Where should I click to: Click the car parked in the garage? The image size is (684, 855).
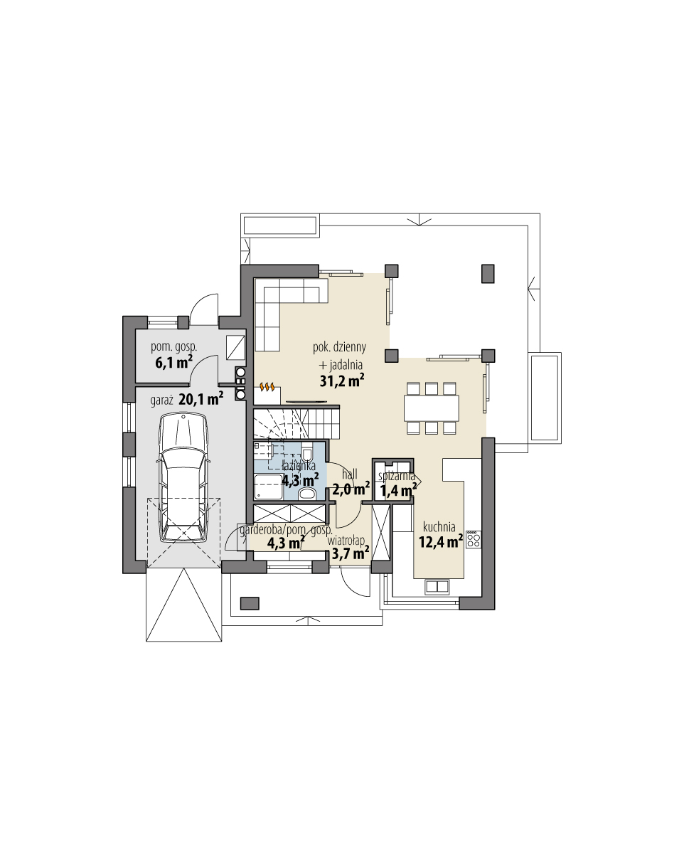[183, 478]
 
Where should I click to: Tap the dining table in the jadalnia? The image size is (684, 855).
[431, 408]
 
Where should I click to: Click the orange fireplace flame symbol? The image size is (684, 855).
[267, 388]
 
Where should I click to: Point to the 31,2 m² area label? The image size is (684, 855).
[342, 381]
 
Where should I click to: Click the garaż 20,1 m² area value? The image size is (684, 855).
[201, 400]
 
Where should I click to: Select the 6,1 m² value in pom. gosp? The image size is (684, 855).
[173, 362]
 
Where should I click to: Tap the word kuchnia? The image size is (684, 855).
[439, 527]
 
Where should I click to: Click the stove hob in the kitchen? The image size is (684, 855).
[474, 539]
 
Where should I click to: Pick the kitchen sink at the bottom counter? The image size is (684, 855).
[436, 586]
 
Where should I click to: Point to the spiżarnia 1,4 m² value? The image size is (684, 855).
[398, 490]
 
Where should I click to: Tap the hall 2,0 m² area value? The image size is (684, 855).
[351, 489]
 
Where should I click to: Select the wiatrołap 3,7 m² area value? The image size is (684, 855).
[350, 553]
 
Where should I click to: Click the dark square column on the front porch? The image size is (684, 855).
[249, 603]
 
